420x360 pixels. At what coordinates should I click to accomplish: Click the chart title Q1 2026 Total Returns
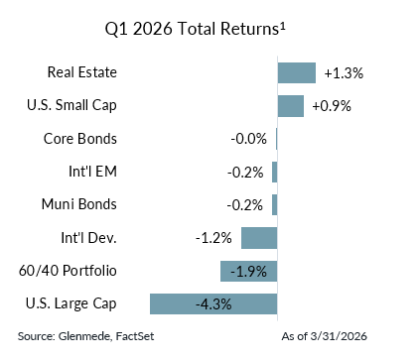click(x=210, y=28)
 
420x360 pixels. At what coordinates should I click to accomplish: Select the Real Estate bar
click(x=296, y=72)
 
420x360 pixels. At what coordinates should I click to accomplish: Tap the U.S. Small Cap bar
click(x=290, y=106)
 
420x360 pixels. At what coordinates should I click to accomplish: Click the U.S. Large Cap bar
click(x=212, y=303)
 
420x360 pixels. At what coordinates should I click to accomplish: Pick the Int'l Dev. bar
click(x=258, y=238)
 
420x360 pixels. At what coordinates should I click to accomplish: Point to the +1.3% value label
click(x=344, y=73)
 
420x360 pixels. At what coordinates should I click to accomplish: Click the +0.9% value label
click(x=332, y=106)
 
